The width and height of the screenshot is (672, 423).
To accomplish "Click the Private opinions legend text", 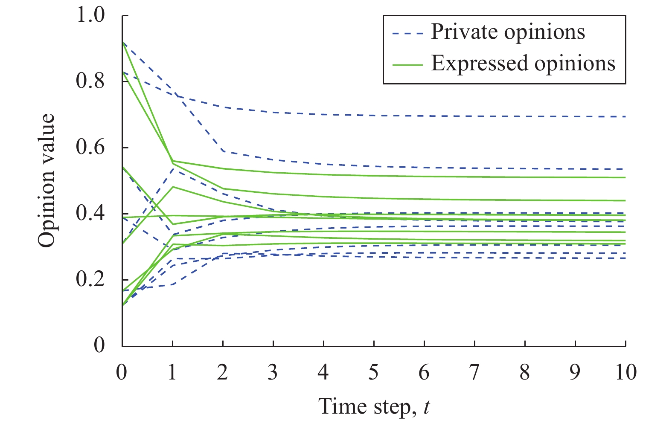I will (508, 32).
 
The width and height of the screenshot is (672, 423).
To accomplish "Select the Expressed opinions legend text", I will (523, 64).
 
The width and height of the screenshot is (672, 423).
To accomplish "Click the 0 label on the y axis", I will (99, 345).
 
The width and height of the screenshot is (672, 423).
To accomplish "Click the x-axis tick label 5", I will (374, 373).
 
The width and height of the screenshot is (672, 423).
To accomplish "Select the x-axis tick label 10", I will (625, 373).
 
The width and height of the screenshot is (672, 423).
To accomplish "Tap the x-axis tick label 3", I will (273, 373).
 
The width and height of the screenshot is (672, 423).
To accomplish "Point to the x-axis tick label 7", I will (474, 373).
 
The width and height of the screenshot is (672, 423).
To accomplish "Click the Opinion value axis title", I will (47, 180).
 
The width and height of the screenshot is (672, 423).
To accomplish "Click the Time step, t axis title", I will (374, 406).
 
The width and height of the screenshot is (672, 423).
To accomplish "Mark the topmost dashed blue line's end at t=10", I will (625, 116).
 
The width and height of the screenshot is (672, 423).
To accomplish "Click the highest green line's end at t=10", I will (625, 177).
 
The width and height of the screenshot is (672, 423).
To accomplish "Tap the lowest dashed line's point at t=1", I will (172, 284).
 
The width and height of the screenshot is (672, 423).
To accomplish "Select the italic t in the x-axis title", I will (426, 406).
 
